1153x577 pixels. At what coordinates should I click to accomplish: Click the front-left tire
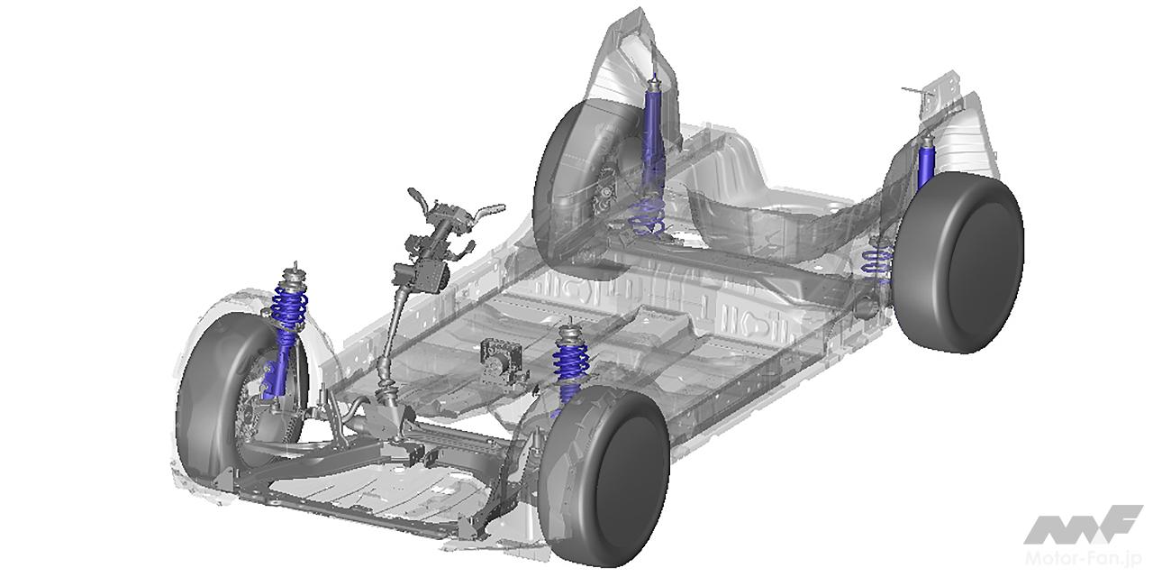point(216,402)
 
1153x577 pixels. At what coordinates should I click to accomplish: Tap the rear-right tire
point(958,262)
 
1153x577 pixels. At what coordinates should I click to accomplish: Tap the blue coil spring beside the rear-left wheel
point(647,216)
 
